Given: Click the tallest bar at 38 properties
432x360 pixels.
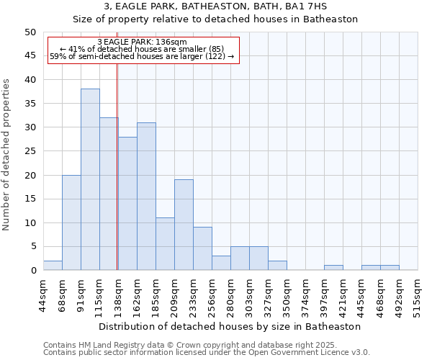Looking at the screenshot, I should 90,179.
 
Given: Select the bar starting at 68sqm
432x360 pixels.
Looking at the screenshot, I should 71,222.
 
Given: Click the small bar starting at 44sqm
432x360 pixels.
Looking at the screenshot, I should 53,266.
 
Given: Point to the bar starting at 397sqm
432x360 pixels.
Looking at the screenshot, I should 333,268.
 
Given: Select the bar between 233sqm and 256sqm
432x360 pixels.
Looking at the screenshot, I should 202,248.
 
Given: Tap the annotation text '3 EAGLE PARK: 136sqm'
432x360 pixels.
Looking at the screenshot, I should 142,42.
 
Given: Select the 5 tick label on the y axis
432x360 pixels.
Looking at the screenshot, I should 32,247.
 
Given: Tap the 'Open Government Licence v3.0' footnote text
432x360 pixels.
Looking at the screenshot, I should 310,352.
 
